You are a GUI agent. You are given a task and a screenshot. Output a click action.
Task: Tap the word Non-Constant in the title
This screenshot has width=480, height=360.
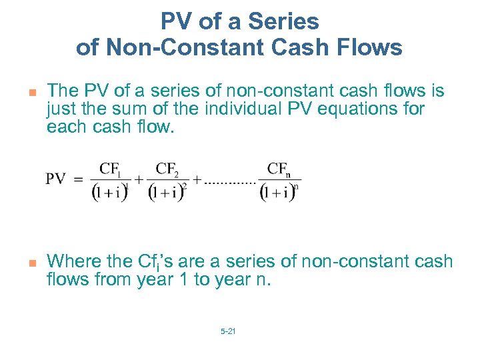(175, 47)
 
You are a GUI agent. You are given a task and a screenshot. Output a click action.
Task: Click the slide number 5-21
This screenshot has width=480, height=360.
(227, 331)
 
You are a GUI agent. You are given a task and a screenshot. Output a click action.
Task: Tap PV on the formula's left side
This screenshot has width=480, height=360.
(55, 179)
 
